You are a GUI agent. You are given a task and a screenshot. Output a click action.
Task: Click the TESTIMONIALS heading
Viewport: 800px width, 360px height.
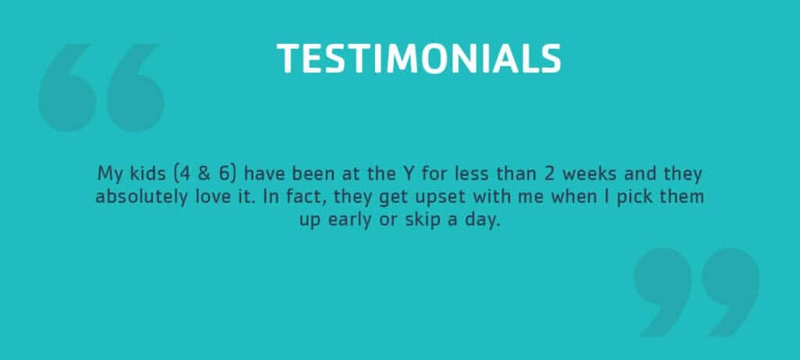(419, 58)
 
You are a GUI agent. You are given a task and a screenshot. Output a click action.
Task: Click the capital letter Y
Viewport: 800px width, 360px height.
(404, 174)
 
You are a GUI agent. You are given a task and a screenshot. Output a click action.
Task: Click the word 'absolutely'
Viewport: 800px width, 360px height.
(142, 197)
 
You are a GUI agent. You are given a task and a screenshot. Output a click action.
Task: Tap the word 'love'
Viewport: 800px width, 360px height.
(213, 197)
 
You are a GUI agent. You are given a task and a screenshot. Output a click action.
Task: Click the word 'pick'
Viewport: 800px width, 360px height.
(632, 198)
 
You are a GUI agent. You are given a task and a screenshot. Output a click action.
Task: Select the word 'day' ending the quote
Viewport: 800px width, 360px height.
(480, 221)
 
